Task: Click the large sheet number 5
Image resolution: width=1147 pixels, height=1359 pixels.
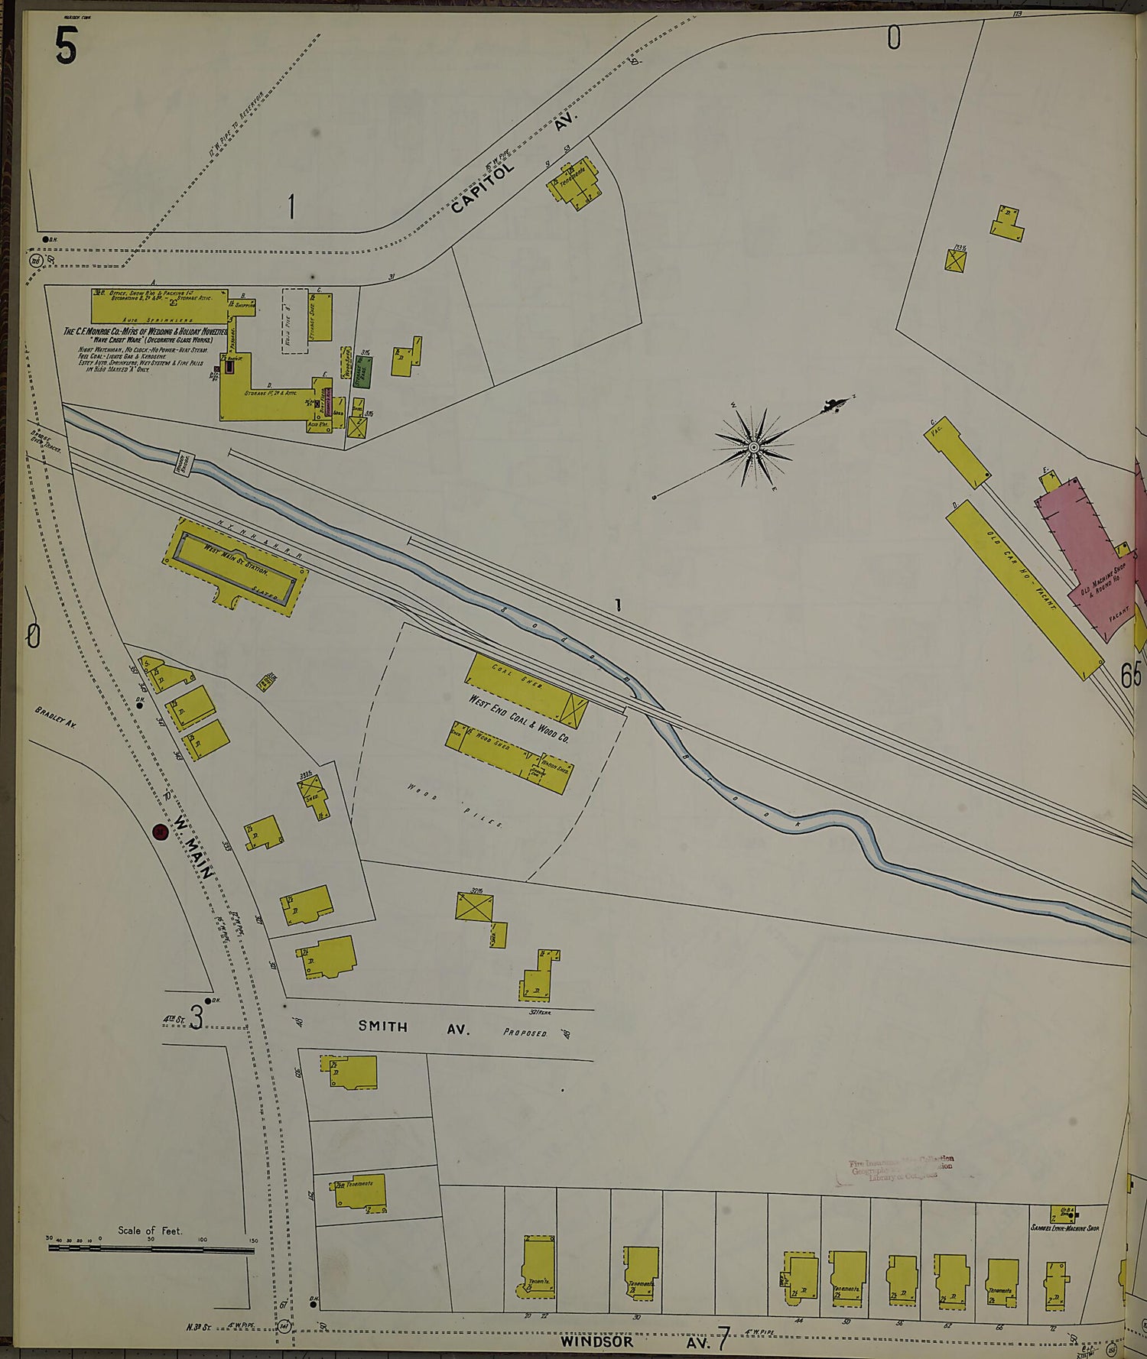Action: click(66, 46)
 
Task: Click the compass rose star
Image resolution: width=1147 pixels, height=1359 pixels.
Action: click(754, 446)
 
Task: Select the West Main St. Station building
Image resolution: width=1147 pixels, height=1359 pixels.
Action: click(236, 566)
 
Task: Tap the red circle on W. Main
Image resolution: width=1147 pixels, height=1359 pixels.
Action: click(161, 832)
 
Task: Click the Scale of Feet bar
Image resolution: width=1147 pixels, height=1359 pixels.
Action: click(151, 1247)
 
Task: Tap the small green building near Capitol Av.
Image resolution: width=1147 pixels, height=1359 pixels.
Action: click(362, 371)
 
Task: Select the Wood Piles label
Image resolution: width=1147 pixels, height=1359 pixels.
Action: click(456, 806)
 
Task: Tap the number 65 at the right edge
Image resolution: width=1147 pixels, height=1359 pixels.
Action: click(1130, 674)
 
